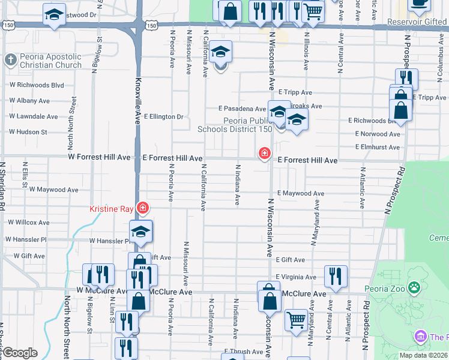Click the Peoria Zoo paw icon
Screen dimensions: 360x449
click(x=414, y=288)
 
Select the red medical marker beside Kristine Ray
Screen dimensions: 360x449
click(x=142, y=209)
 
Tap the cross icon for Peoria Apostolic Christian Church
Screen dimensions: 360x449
click(x=10, y=60)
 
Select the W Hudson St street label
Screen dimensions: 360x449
click(x=28, y=131)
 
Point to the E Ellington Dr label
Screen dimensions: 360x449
click(x=163, y=116)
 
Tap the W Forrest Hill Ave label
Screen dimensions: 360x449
click(x=99, y=157)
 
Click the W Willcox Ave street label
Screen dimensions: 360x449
click(x=28, y=222)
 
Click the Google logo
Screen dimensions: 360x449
click(x=20, y=352)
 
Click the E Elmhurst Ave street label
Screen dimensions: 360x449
click(x=378, y=147)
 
